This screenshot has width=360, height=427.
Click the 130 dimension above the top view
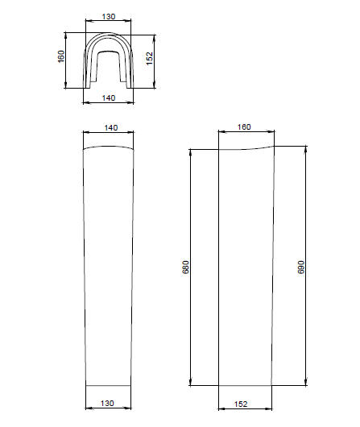pos(109,17)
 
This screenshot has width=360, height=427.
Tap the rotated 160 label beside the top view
pos(61,56)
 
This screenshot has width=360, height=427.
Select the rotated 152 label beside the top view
pos(150,59)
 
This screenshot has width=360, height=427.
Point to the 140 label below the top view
pos(109,97)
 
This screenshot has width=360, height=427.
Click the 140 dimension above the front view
pos(111,128)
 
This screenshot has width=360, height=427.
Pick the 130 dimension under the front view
pos(107,403)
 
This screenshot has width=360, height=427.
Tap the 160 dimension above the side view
pos(244,127)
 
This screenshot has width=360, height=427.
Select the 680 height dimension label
pos(185,267)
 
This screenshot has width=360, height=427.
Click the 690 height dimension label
pos(301,267)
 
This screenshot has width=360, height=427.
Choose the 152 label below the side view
pos(241,404)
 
